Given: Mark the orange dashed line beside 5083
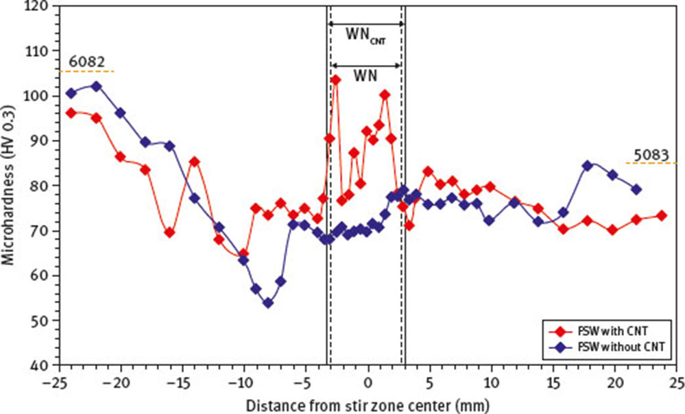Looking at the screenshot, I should click(x=651, y=163).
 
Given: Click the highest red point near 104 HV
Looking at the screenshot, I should click(x=336, y=80).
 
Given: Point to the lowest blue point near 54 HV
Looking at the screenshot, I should click(x=268, y=303).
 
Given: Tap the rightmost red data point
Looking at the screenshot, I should click(x=661, y=216).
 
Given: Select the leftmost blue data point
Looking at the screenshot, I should click(x=71, y=93).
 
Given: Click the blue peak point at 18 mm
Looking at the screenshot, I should click(x=588, y=166).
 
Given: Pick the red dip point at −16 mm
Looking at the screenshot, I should click(x=169, y=232).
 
